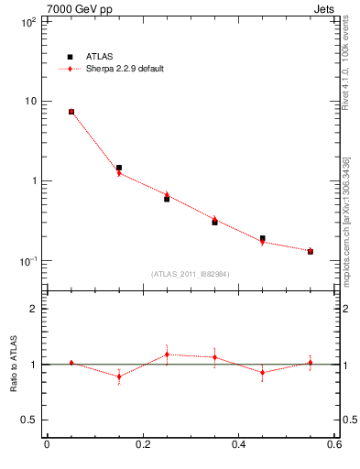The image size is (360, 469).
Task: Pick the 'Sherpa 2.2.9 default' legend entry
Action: (125, 69)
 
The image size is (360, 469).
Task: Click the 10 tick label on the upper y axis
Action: (29, 101)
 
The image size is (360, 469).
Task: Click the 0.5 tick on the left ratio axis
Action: (27, 420)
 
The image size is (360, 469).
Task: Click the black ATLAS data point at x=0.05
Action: (71, 112)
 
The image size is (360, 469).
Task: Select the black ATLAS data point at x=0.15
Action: (119, 168)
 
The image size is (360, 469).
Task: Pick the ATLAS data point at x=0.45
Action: (262, 238)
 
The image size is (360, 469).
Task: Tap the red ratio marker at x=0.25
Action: (167, 354)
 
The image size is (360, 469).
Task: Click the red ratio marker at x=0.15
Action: (119, 376)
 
